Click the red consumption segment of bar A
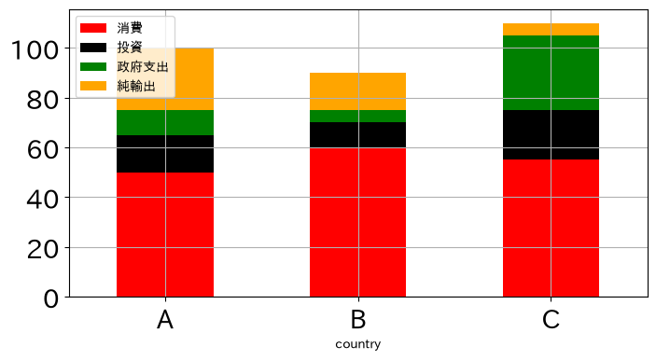pyautogui.click(x=165, y=235)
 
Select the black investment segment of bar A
pyautogui.click(x=165, y=154)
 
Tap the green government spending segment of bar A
pyautogui.click(x=165, y=123)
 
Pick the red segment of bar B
pyautogui.click(x=357, y=222)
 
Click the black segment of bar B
pyautogui.click(x=357, y=135)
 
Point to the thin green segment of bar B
pyautogui.click(x=357, y=117)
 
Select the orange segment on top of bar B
pyautogui.click(x=357, y=91)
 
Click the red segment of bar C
pyautogui.click(x=551, y=228)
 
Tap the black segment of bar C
pyautogui.click(x=551, y=135)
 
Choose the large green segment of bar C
pyautogui.click(x=551, y=73)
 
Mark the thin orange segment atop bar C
pyautogui.click(x=551, y=30)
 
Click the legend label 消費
pyautogui.click(x=130, y=28)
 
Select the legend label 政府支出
pyautogui.click(x=143, y=67)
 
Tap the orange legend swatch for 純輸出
pyautogui.click(x=93, y=86)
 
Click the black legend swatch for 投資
pyautogui.click(x=93, y=48)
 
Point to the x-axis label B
pyautogui.click(x=358, y=320)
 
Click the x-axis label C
pyautogui.click(x=551, y=320)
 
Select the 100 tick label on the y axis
pyautogui.click(x=35, y=50)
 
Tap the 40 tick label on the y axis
pyautogui.click(x=43, y=200)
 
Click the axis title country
pyautogui.click(x=358, y=344)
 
